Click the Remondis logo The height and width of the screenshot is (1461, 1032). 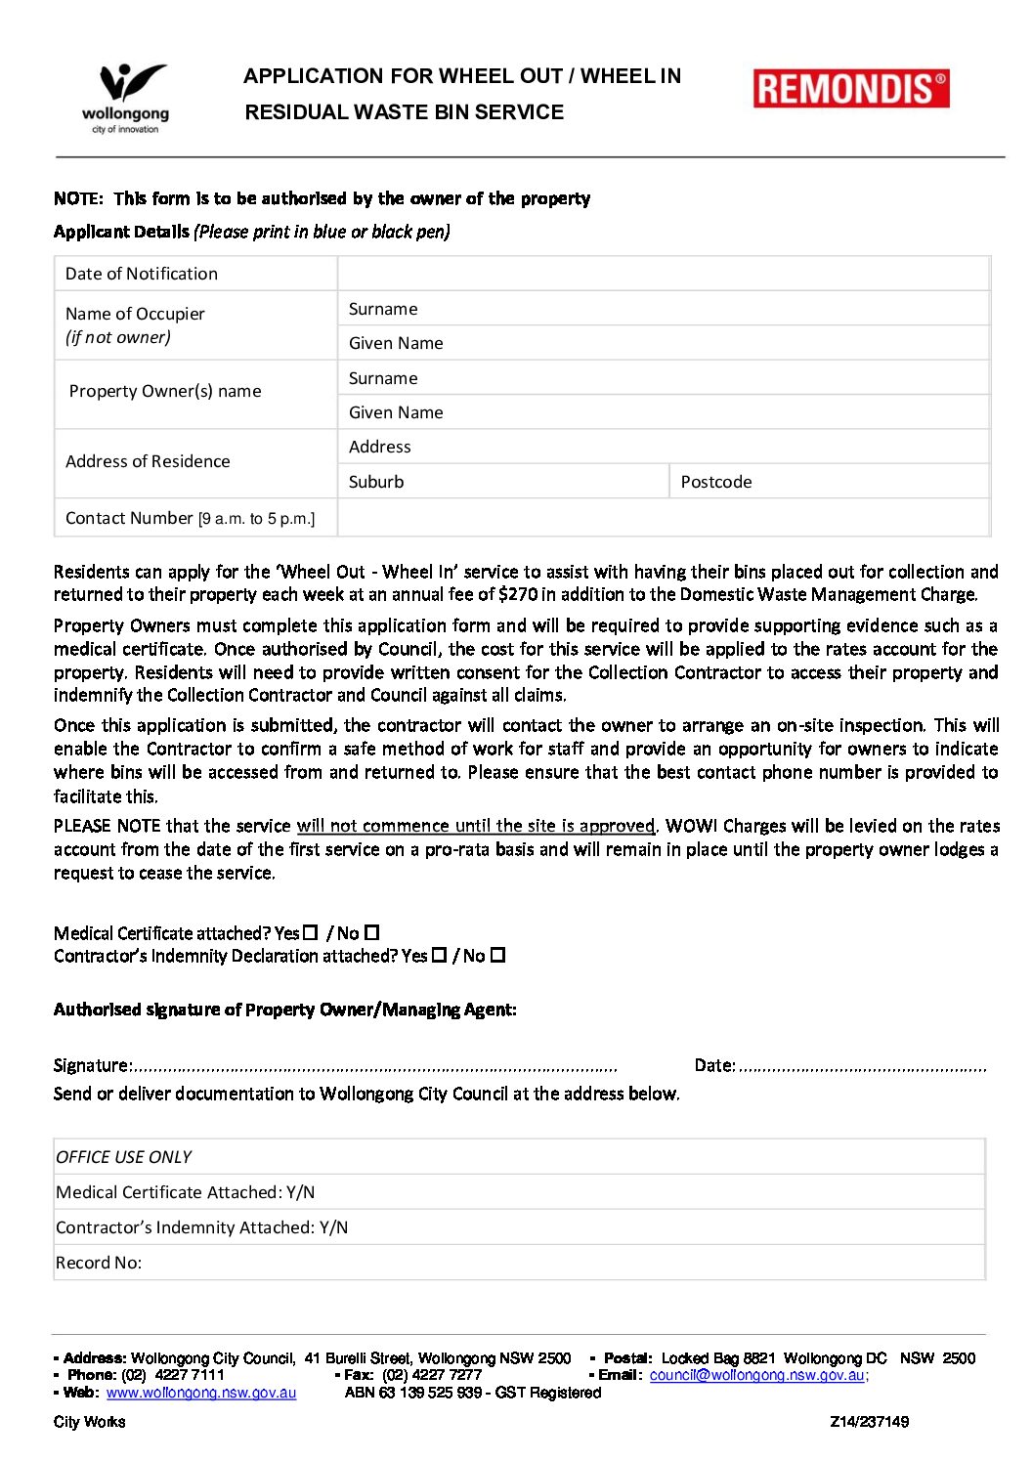850,89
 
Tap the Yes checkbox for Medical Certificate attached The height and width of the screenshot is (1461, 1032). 311,932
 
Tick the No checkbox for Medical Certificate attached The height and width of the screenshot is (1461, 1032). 371,932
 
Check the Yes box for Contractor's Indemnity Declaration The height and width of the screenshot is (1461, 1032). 440,955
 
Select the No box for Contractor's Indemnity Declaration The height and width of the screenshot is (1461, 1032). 497,955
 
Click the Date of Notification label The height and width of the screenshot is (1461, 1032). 142,274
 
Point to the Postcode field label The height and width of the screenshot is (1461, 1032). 716,482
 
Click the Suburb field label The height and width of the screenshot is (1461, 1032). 376,482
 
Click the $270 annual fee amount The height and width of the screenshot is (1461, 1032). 518,594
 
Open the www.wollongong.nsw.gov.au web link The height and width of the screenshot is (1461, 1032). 201,1393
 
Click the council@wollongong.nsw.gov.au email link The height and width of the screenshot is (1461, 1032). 757,1375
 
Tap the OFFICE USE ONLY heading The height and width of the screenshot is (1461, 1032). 124,1157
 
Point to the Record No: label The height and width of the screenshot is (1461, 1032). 99,1263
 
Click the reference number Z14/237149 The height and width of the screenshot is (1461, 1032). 869,1422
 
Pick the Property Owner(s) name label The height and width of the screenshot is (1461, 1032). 165,391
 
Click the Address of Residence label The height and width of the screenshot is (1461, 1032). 148,461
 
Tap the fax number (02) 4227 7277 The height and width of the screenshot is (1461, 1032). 432,1375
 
